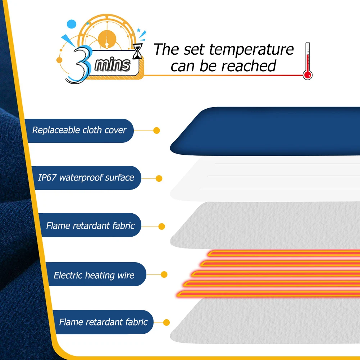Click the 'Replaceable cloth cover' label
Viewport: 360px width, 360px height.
pos(79,130)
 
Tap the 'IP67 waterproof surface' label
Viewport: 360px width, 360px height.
pos(86,177)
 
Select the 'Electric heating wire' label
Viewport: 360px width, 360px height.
pos(94,275)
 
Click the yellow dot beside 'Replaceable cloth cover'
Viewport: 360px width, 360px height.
pos(156,131)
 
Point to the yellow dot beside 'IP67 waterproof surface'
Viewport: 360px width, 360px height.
pos(159,178)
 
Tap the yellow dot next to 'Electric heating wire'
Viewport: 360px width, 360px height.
pos(164,274)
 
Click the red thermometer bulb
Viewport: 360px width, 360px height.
pos(307,75)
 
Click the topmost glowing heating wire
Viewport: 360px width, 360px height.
pos(284,253)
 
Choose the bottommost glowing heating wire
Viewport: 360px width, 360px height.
pos(268,294)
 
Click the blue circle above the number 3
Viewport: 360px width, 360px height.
pos(72,24)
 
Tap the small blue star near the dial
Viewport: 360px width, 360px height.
pos(138,30)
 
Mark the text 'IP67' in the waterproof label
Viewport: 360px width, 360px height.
pos(47,177)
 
